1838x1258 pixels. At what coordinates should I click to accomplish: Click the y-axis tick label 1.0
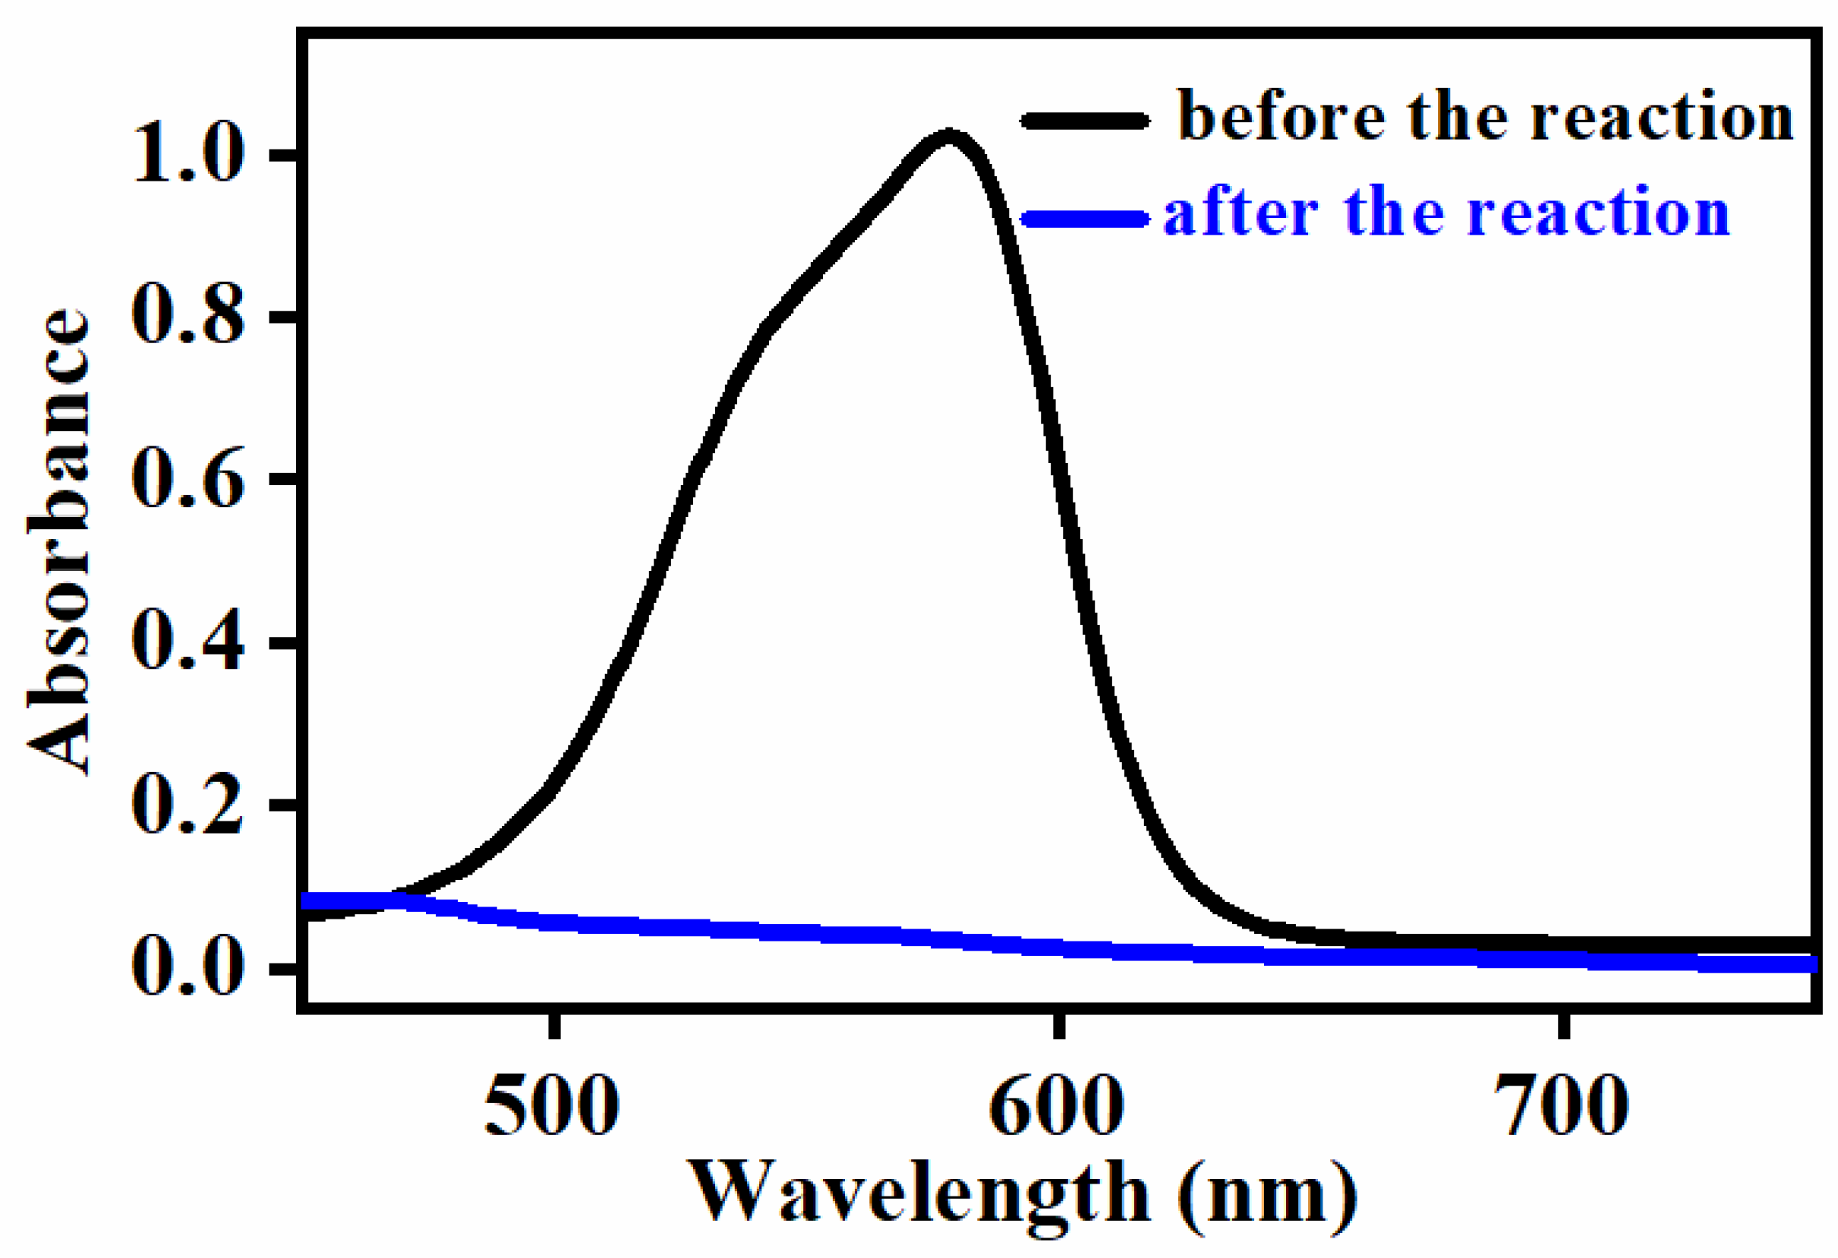(188, 155)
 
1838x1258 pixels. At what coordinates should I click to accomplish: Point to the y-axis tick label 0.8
(188, 317)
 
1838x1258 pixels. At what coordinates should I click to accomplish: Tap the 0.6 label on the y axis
(188, 479)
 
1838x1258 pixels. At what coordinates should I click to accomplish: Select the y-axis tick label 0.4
(188, 643)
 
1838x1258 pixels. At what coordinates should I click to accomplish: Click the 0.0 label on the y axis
(188, 968)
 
